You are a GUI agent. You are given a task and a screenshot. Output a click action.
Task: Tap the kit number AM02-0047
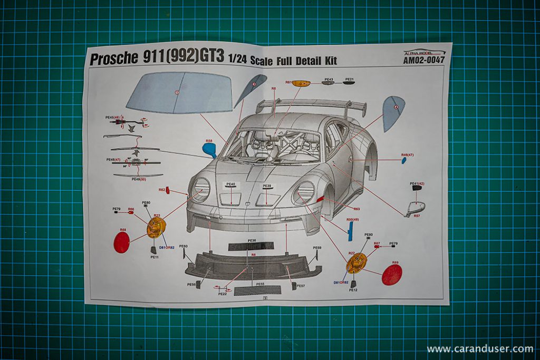423,61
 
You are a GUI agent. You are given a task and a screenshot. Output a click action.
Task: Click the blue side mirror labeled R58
210,149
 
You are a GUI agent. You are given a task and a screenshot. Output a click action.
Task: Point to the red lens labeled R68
122,242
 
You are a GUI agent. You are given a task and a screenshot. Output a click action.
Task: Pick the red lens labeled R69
392,275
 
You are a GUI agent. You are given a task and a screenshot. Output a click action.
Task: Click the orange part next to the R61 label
301,83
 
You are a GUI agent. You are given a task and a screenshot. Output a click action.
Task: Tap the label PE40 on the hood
230,184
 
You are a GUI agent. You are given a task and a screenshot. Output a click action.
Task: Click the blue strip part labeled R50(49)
350,231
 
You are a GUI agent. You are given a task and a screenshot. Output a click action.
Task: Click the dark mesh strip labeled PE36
250,247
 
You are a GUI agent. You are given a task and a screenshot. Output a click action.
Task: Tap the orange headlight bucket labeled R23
156,227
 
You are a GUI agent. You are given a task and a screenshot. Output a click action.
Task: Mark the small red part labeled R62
168,190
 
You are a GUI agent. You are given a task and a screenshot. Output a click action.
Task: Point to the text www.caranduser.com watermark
479,349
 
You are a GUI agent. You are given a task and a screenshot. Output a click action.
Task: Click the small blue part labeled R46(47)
404,160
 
